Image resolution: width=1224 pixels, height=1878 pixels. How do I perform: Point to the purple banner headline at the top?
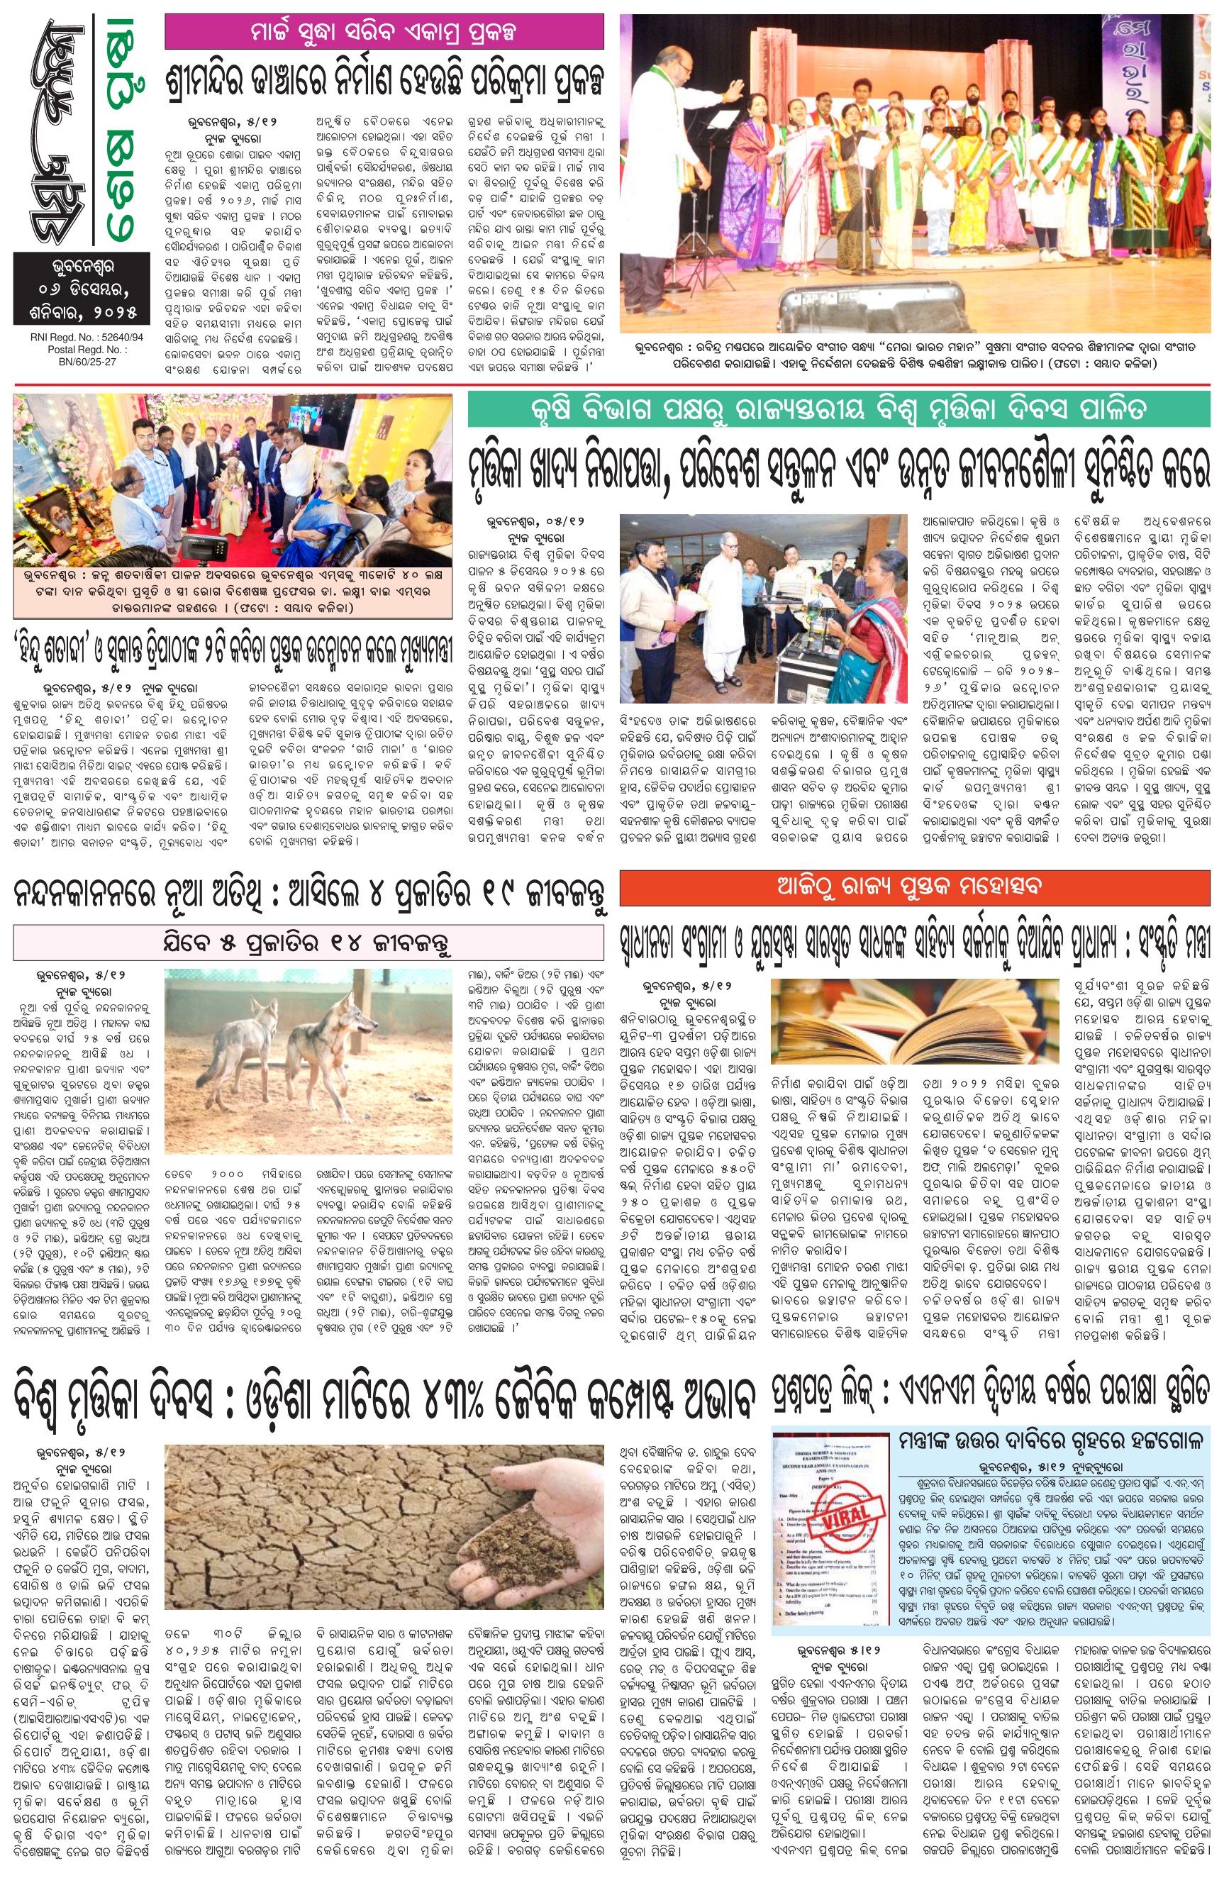[384, 32]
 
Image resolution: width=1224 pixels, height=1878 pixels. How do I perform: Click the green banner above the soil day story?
[838, 409]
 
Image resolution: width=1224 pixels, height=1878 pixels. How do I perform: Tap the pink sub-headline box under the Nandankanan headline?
[308, 944]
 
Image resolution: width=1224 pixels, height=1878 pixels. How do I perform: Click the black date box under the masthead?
[82, 288]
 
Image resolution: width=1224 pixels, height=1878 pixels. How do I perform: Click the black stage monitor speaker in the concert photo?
[872, 302]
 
